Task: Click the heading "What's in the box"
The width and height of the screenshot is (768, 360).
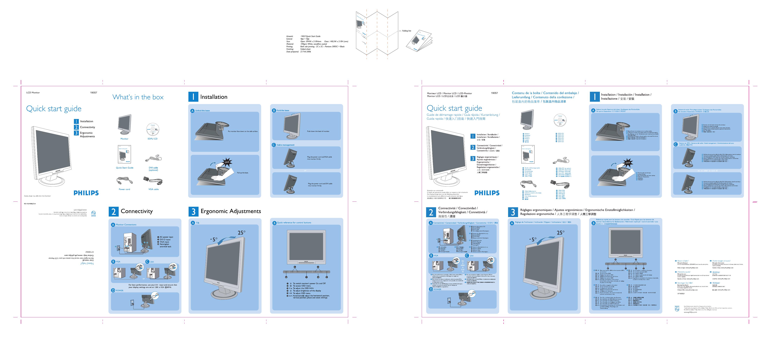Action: [138, 97]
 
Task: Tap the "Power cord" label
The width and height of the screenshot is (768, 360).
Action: [124, 189]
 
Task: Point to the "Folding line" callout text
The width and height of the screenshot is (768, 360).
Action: [406, 31]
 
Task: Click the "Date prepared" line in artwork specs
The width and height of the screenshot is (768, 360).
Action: [298, 52]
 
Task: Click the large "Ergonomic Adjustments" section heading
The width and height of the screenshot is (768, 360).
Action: [231, 211]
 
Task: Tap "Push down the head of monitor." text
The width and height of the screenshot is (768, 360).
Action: [318, 131]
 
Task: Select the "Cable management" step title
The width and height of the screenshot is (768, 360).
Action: [285, 145]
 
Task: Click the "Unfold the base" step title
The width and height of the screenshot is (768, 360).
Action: [202, 111]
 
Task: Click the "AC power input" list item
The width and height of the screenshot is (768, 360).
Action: [166, 237]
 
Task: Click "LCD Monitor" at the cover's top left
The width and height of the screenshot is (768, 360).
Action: [33, 93]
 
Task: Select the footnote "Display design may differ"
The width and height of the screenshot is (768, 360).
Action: [37, 196]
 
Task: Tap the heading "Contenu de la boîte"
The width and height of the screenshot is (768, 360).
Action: [526, 93]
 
